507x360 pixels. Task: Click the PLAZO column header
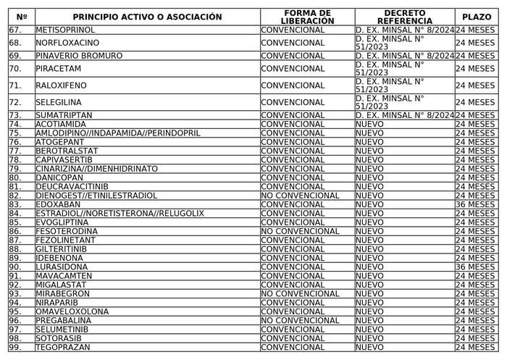[x=476, y=17]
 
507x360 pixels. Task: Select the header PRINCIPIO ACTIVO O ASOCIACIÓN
[x=147, y=17]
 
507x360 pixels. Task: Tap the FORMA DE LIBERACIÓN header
[x=308, y=17]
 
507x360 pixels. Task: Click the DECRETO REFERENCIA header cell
[x=405, y=17]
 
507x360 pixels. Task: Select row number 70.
[x=16, y=69]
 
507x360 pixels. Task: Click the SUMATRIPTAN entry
[x=63, y=115]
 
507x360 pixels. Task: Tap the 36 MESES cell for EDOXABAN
[x=476, y=204]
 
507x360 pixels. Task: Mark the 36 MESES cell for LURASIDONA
[x=476, y=267]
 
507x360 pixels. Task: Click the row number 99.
[x=16, y=348]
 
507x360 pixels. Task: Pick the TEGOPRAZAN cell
[x=62, y=348]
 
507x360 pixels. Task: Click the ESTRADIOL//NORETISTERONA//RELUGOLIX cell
[x=120, y=214]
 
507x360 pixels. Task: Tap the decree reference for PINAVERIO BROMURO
[x=405, y=56]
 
